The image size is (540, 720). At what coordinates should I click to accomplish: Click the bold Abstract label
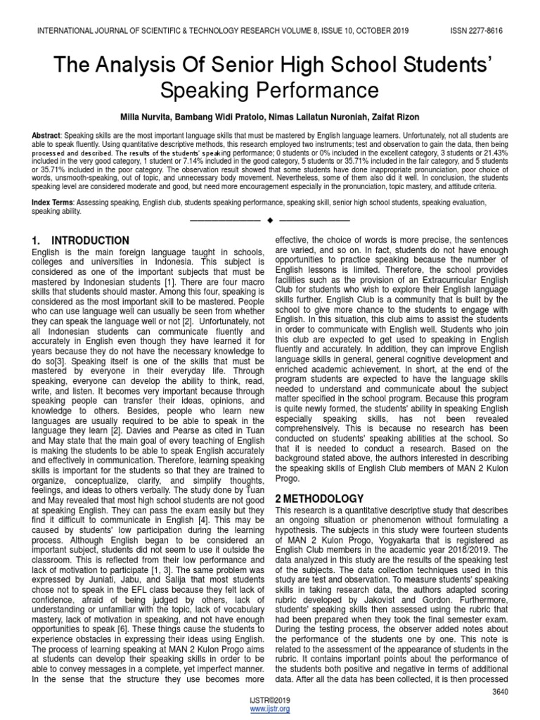(x=46, y=134)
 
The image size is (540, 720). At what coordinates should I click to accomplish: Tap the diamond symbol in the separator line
(x=270, y=221)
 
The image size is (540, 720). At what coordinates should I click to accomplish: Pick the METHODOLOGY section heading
(x=326, y=498)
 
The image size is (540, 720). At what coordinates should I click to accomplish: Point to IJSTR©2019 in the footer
(x=270, y=701)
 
